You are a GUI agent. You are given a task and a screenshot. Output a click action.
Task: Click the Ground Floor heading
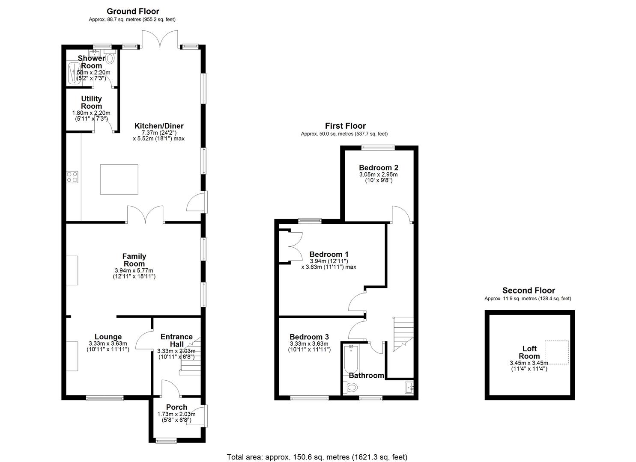click(133, 12)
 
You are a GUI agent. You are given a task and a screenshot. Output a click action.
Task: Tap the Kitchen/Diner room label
click(159, 126)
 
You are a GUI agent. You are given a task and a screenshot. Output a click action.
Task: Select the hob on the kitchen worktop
click(72, 177)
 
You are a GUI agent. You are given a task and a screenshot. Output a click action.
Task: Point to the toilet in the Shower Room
click(110, 58)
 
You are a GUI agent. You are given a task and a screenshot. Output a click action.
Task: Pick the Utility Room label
click(91, 102)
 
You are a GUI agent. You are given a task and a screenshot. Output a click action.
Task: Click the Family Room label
click(134, 260)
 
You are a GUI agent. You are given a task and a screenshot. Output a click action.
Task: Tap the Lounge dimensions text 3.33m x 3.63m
click(108, 344)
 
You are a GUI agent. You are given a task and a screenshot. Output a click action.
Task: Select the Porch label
click(176, 407)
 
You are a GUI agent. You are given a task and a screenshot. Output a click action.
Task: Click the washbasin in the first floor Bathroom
click(409, 388)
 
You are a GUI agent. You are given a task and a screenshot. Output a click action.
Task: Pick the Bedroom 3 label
click(309, 337)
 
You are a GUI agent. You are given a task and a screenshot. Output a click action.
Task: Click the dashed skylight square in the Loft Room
click(557, 352)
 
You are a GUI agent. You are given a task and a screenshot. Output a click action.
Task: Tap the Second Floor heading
click(529, 291)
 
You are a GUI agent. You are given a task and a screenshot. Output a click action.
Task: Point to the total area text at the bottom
click(317, 457)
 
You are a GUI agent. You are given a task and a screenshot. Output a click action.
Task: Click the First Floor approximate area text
click(344, 134)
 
